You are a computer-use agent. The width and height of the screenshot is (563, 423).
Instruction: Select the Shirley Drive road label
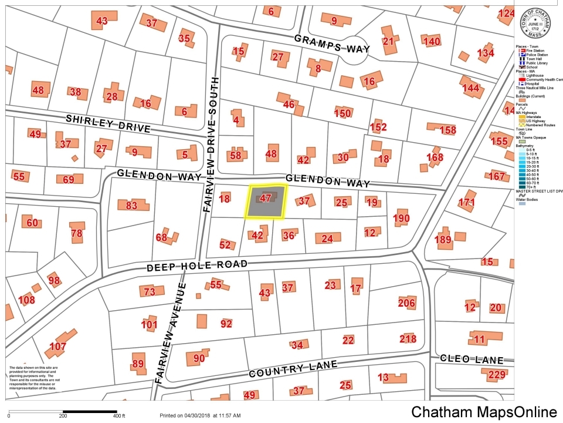[x=108, y=123]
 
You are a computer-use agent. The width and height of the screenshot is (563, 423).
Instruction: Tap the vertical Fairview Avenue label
[x=171, y=333]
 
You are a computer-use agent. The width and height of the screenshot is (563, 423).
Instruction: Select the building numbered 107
[x=58, y=346]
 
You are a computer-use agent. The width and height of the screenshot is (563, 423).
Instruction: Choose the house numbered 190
[x=401, y=219]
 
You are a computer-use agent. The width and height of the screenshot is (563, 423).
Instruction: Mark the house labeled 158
[x=447, y=129]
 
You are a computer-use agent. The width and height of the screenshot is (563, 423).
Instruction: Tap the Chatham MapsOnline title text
[x=483, y=412]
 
